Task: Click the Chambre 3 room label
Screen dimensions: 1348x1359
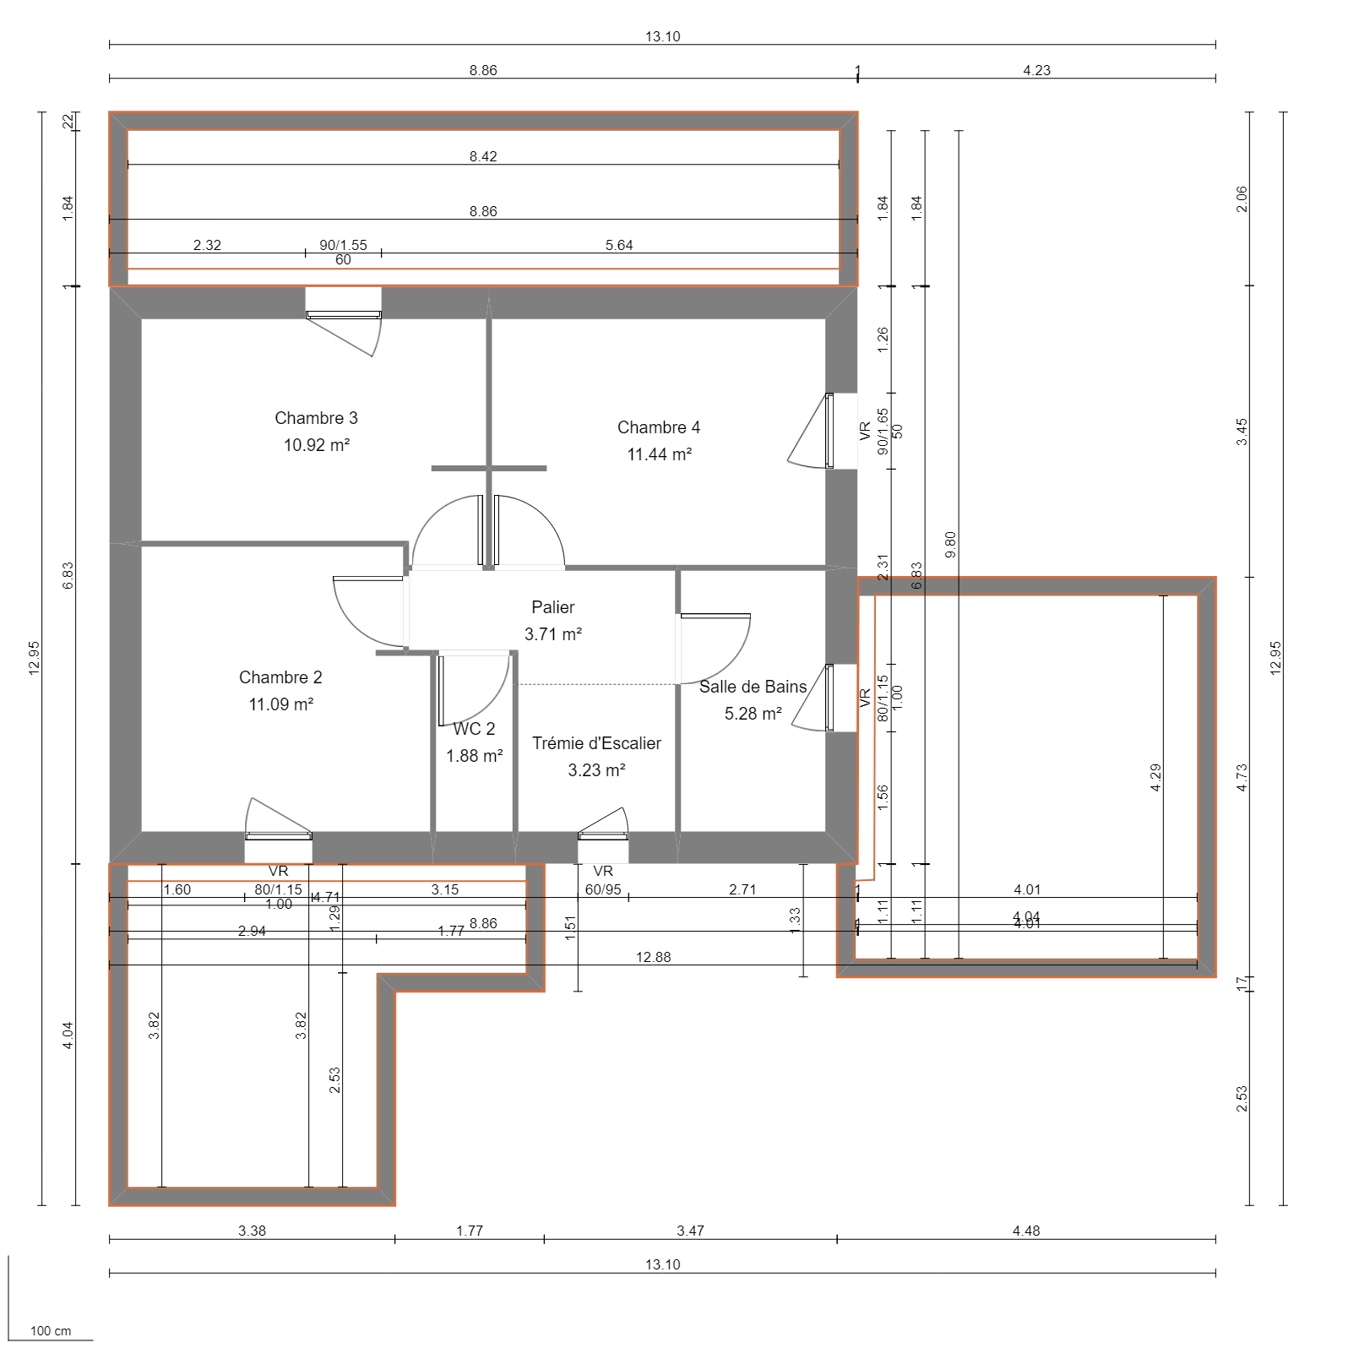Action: (316, 418)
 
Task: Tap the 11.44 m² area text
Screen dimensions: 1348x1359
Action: (659, 454)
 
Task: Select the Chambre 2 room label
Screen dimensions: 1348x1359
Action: (280, 677)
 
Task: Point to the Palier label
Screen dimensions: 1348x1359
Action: (552, 607)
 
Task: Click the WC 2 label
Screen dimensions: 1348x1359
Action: (475, 729)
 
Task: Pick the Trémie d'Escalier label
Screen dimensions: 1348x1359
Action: (596, 743)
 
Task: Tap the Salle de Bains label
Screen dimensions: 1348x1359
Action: (752, 687)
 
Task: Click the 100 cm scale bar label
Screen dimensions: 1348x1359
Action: (51, 1331)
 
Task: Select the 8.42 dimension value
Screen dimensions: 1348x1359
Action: (483, 156)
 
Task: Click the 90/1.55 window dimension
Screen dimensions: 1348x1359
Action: (343, 245)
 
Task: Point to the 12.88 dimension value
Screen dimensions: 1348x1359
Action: (653, 957)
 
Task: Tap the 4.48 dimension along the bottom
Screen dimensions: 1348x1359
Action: (1026, 1231)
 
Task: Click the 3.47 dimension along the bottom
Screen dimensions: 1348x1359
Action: (690, 1231)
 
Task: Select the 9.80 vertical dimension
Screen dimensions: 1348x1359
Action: (950, 544)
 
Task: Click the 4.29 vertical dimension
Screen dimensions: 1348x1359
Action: (1155, 777)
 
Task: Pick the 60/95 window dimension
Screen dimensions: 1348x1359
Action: (603, 889)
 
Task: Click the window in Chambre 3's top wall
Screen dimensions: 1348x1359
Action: (343, 315)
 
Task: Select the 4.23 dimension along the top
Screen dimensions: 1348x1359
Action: (1036, 70)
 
